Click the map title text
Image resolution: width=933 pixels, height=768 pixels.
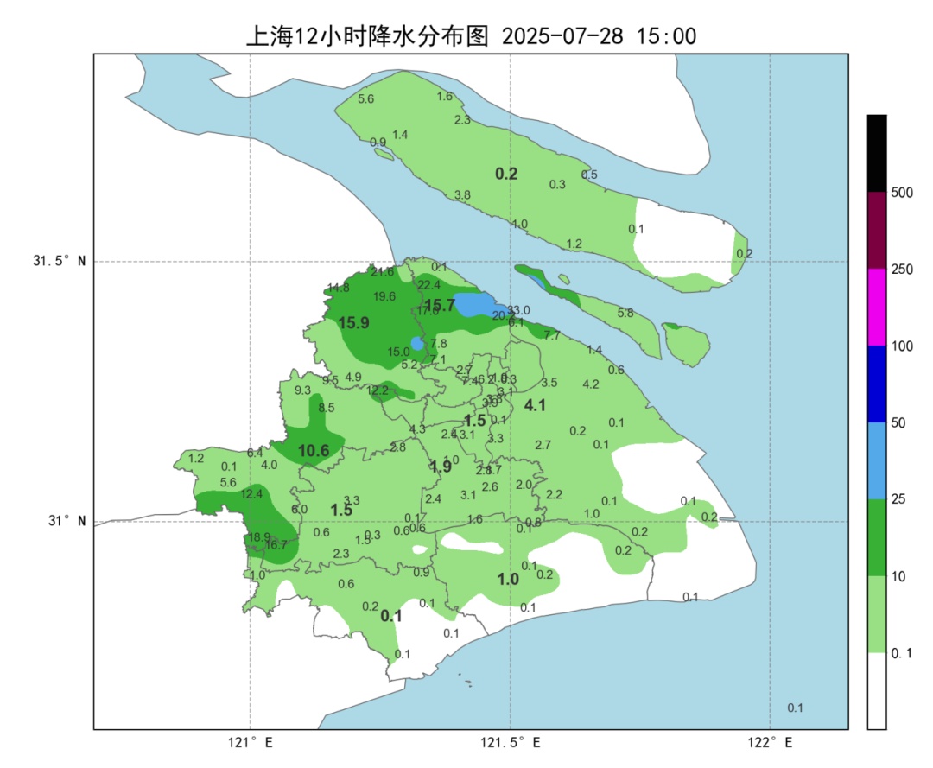point(472,35)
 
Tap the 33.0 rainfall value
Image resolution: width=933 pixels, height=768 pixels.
point(518,310)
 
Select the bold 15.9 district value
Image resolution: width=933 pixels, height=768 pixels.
point(353,323)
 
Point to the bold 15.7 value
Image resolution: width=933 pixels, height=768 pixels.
point(439,305)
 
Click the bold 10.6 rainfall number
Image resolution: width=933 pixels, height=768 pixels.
point(314,451)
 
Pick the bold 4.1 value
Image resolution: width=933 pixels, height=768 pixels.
point(536,405)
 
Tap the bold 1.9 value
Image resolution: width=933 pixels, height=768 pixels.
point(441,467)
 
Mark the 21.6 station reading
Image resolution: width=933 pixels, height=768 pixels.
point(382,272)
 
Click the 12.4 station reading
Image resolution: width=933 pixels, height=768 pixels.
point(251,494)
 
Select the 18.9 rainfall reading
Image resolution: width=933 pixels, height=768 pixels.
point(259,537)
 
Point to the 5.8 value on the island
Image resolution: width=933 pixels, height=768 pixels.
point(625,313)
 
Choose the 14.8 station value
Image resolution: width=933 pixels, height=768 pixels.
point(338,288)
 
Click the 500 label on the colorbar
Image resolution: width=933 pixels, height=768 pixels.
point(902,193)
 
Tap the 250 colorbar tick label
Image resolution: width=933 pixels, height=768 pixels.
point(902,270)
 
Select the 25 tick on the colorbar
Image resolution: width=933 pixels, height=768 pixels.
point(898,500)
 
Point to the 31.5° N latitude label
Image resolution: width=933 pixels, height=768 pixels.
point(60,262)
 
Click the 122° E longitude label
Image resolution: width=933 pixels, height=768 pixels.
point(770,743)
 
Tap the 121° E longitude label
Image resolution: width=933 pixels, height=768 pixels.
point(251,743)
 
